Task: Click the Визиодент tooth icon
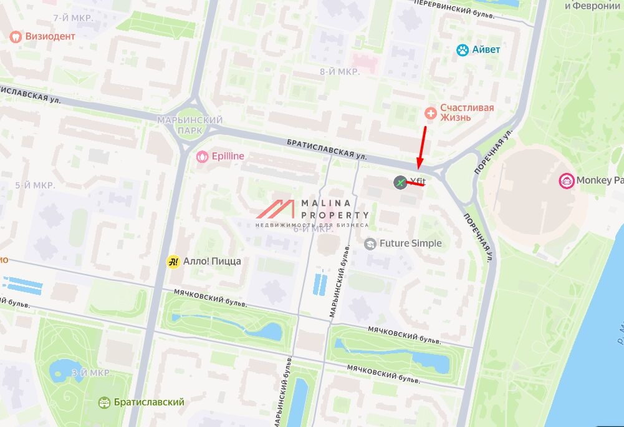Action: point(16,36)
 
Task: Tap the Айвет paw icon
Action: point(463,50)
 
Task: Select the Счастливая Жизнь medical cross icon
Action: point(430,113)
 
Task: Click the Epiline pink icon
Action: point(201,157)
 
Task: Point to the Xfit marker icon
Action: point(400,182)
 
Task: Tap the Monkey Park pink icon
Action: point(567,180)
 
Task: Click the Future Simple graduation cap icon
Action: point(370,243)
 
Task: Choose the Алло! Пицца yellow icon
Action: point(173,262)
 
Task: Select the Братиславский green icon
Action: point(104,403)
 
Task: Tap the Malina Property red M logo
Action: point(277,209)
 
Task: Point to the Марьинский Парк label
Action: point(190,125)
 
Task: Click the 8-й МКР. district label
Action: point(340,72)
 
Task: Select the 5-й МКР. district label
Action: point(35,185)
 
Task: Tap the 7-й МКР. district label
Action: point(73,18)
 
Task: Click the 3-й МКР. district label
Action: point(90,373)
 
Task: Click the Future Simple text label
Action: point(410,243)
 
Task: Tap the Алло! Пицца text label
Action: point(212,262)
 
